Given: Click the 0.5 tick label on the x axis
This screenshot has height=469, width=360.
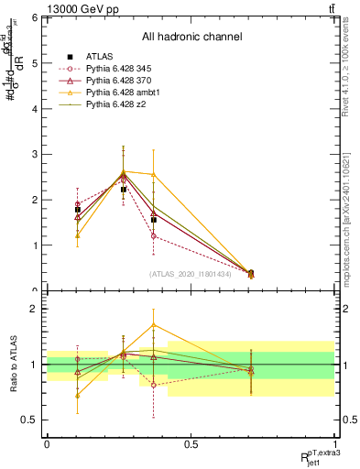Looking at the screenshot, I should click(191, 444).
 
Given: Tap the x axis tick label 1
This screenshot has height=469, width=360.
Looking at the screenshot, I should click(334, 444).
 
